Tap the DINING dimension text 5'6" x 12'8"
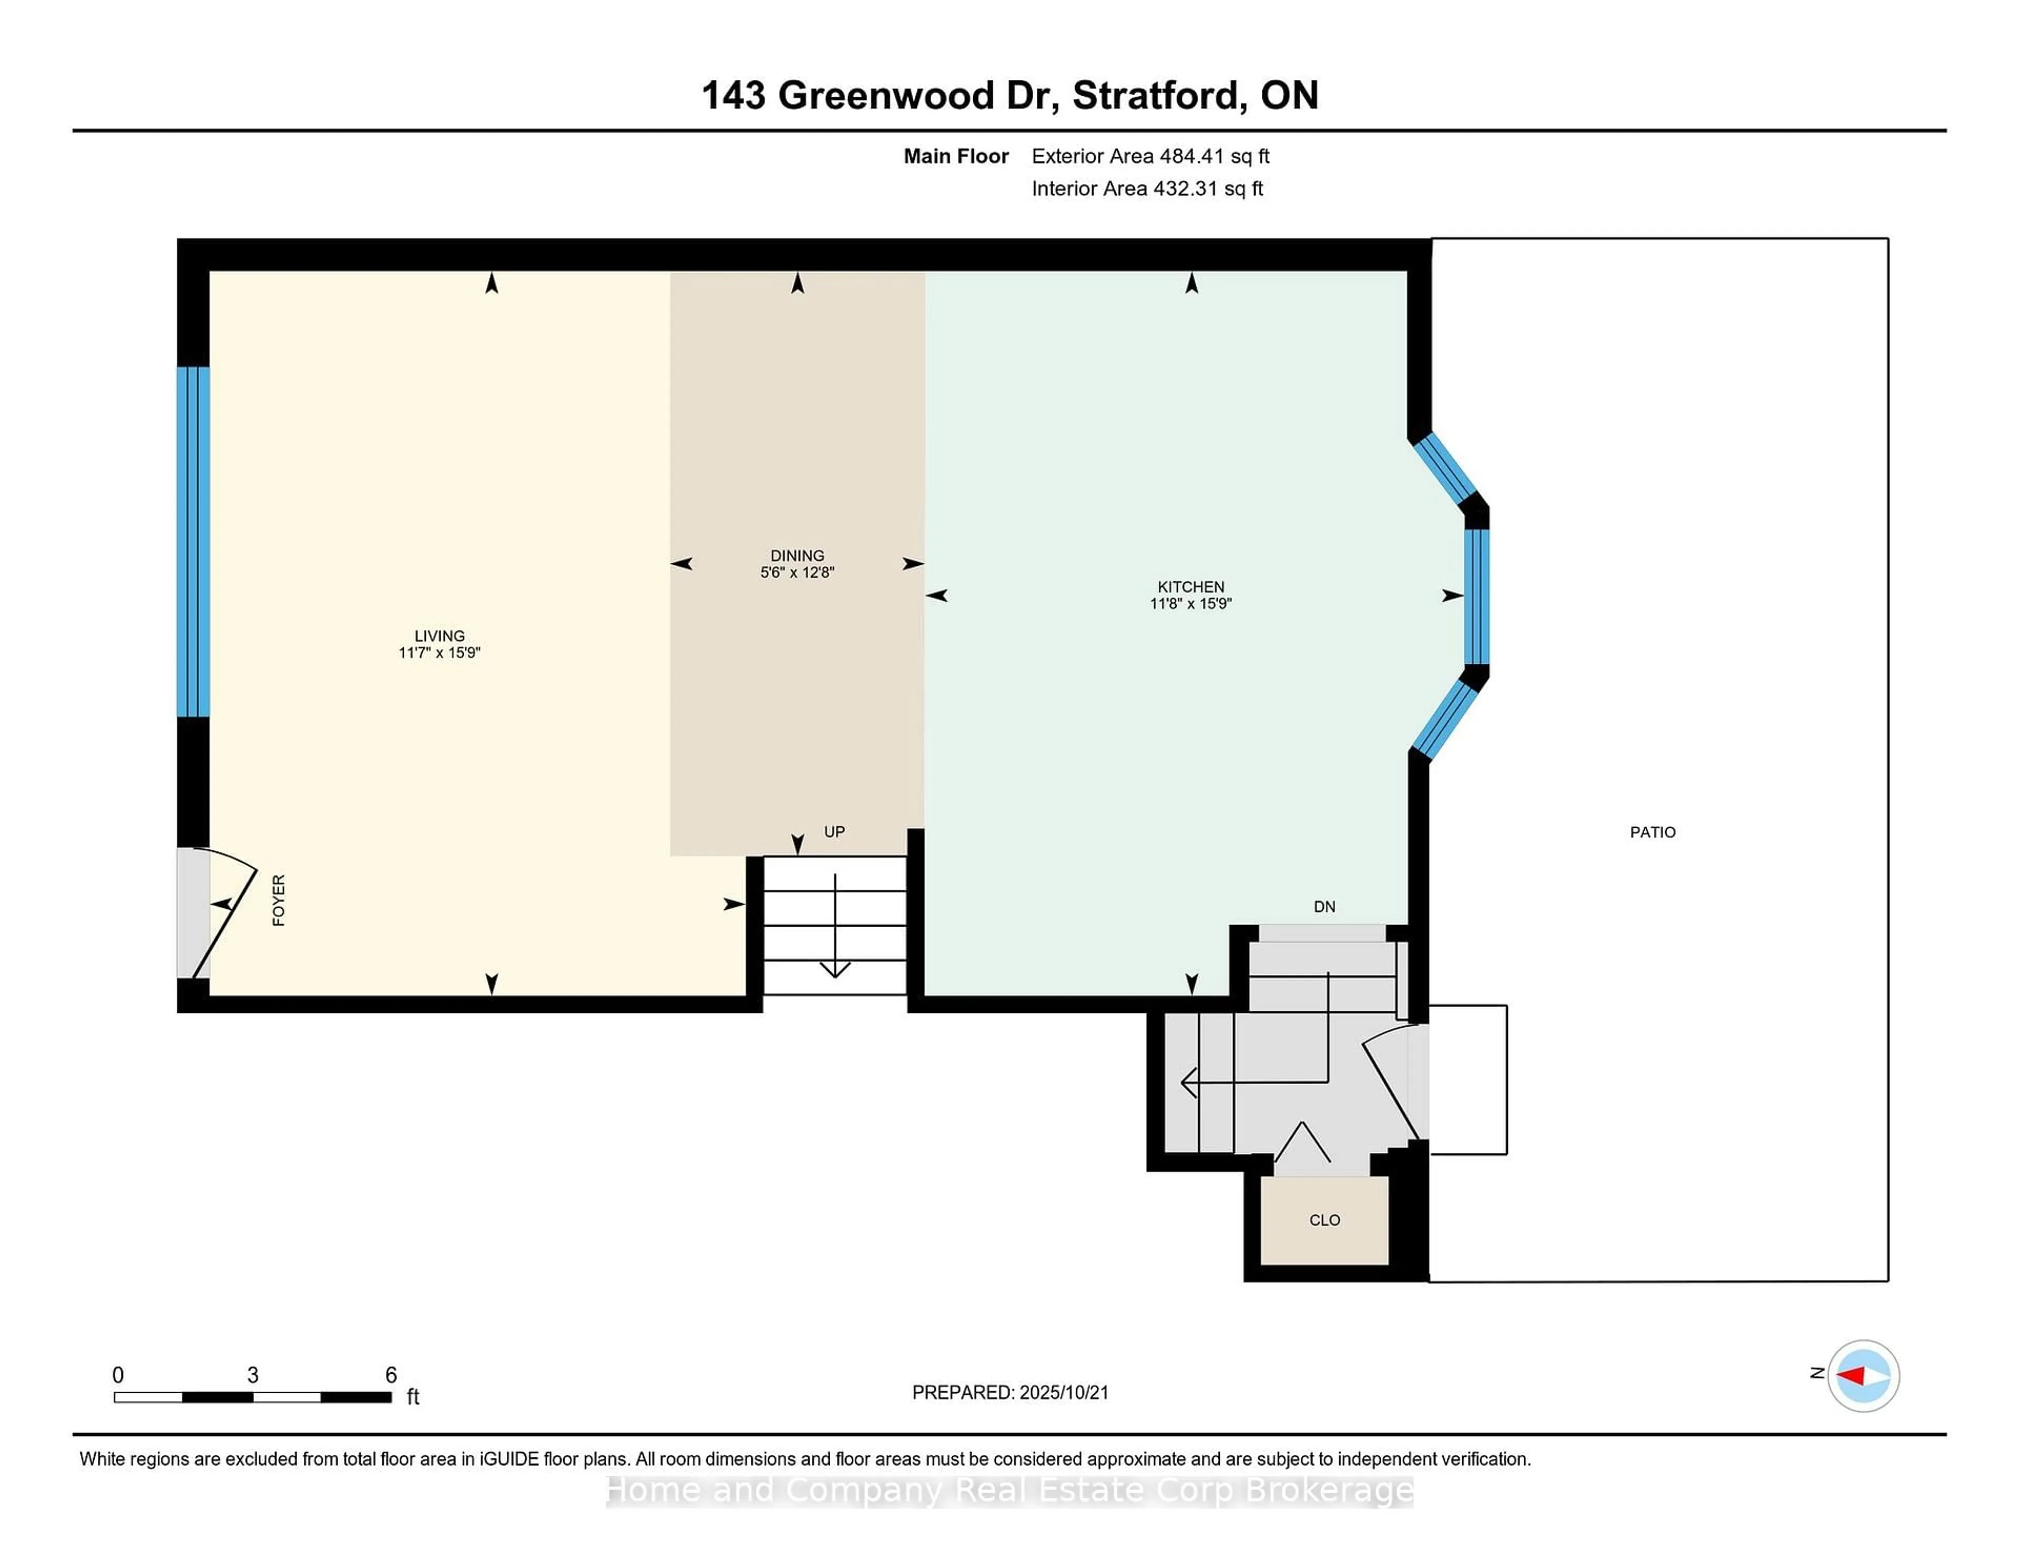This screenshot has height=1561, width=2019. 797,572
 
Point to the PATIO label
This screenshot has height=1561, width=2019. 1652,832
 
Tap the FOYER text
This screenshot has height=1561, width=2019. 278,900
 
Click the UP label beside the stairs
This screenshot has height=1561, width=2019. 834,832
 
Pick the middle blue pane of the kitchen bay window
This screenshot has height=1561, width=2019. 1476,596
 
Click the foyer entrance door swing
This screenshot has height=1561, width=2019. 225,916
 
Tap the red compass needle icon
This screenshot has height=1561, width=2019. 1852,1376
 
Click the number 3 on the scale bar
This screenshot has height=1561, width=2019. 252,1375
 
